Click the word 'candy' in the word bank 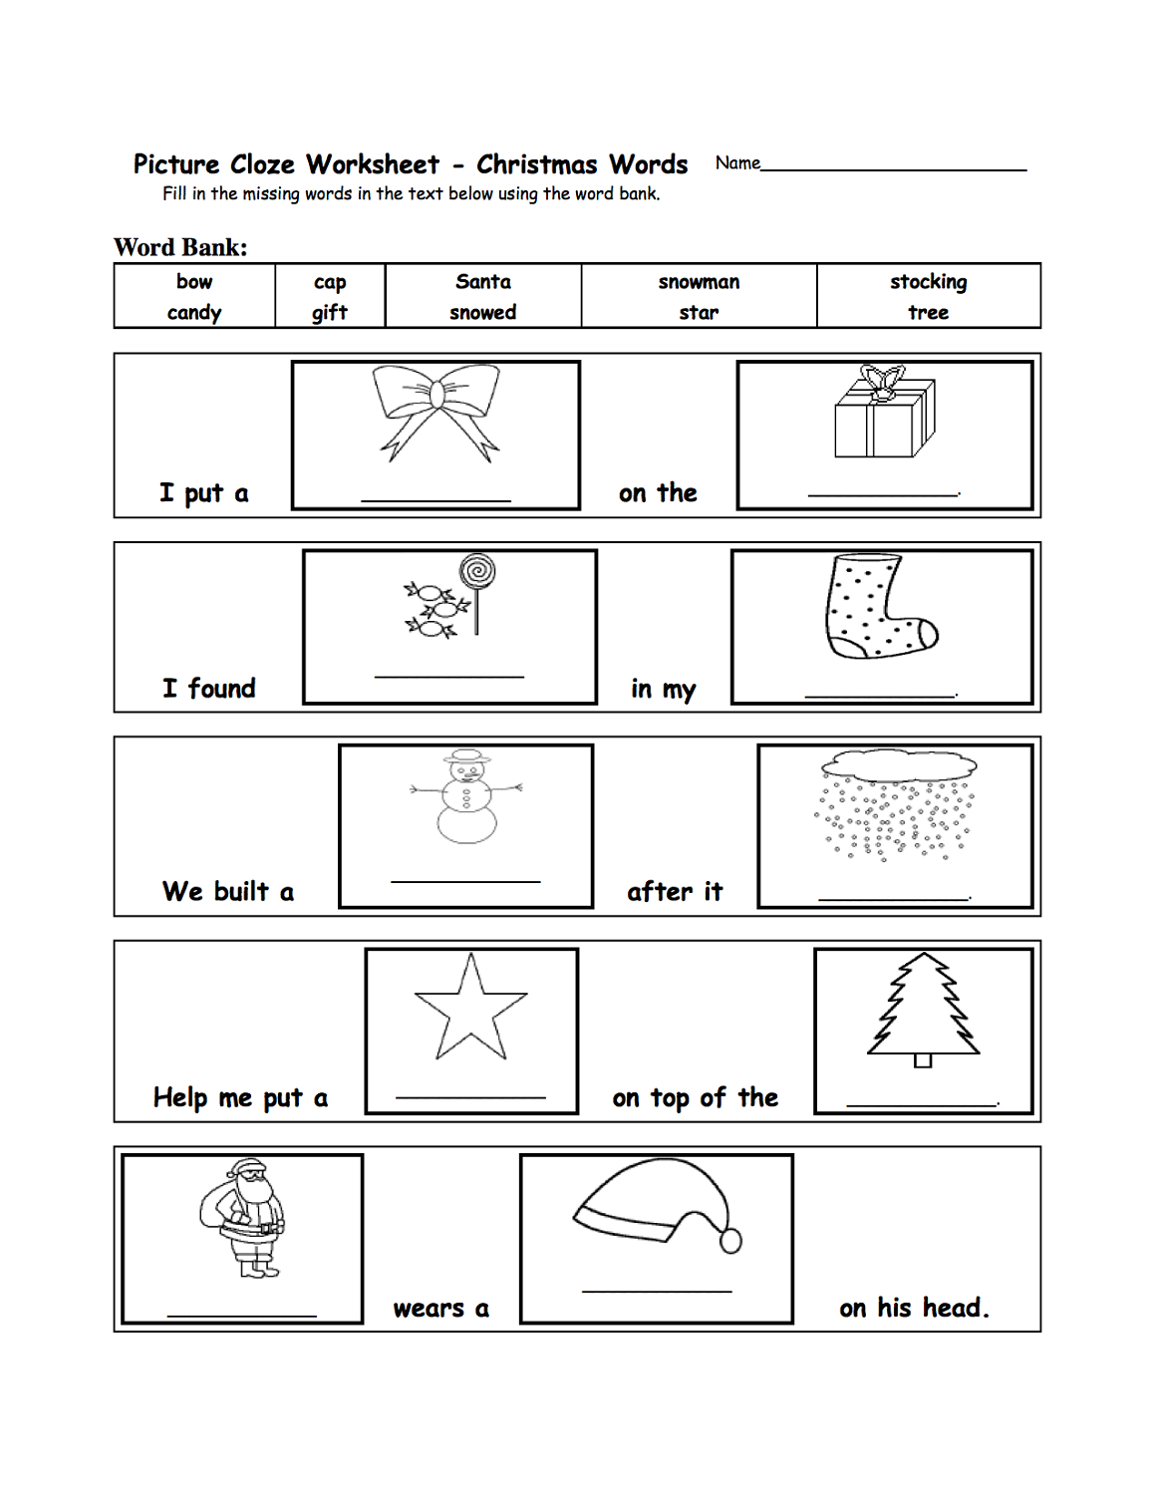[194, 313]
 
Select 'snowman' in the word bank [699, 282]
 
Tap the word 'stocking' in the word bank [928, 282]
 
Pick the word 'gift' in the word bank [329, 313]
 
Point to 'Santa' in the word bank [483, 282]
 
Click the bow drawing [435, 410]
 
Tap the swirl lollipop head [477, 572]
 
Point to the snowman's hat [466, 758]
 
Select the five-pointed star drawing [469, 1009]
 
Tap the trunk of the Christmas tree [923, 1060]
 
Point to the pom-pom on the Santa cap [730, 1241]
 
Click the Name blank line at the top [893, 168]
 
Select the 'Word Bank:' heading [180, 247]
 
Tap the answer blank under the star [470, 1096]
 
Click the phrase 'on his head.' [914, 1308]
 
